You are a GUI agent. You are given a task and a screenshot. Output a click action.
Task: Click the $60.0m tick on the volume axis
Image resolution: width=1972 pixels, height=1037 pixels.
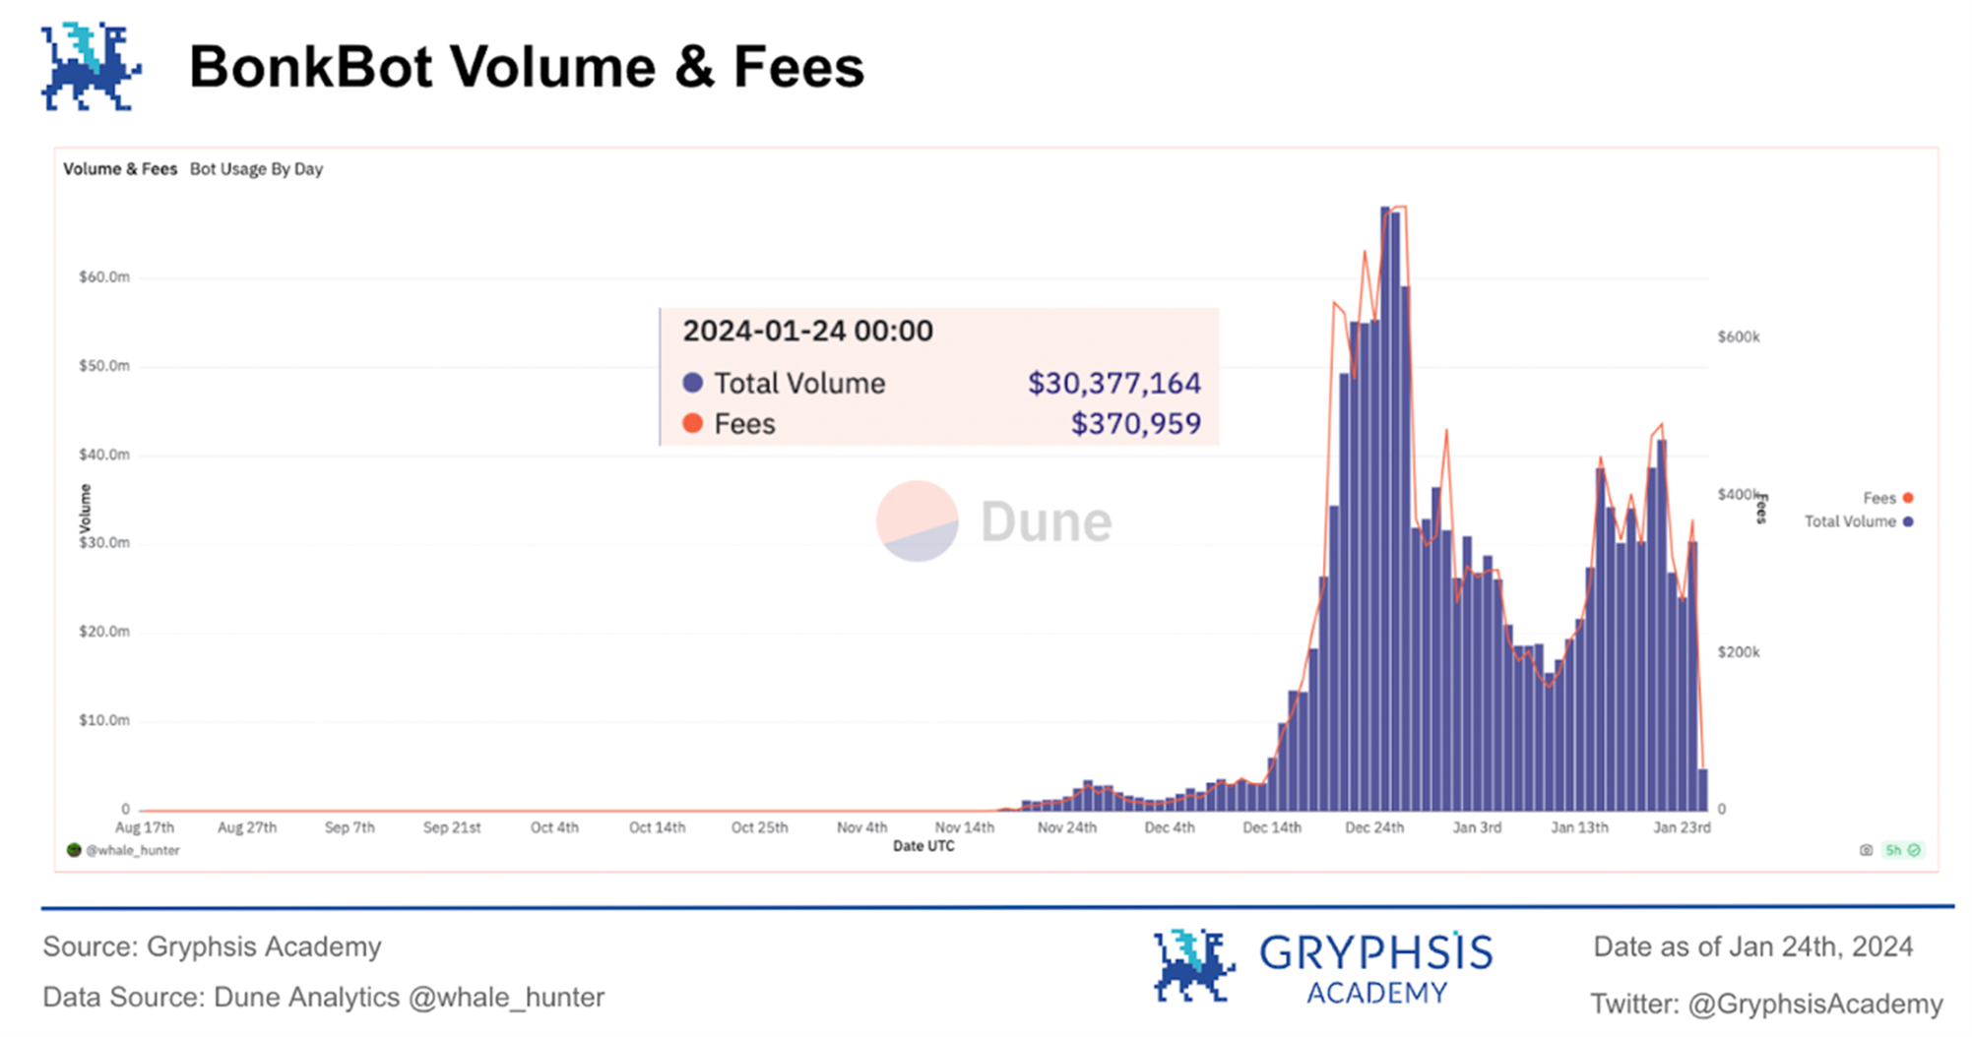(x=104, y=277)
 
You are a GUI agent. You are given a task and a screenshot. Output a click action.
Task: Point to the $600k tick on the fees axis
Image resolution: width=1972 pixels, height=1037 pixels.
(x=1738, y=337)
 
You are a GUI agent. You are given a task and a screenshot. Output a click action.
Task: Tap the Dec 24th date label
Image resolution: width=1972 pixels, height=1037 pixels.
(x=1374, y=828)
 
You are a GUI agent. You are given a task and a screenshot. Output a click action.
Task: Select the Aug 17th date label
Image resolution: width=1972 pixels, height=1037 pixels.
(x=145, y=828)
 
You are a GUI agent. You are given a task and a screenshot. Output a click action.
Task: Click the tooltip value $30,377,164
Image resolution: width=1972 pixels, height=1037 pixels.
(x=1113, y=383)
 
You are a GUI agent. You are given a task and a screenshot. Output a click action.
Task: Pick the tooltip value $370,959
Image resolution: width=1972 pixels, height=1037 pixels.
(x=1135, y=424)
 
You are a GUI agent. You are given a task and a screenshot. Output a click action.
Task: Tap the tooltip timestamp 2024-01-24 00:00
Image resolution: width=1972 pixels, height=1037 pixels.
(x=807, y=331)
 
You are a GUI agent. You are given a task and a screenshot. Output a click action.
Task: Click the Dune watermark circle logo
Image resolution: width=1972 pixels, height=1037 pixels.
(x=917, y=520)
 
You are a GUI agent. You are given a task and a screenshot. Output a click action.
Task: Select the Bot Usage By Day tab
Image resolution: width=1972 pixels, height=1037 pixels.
(x=256, y=169)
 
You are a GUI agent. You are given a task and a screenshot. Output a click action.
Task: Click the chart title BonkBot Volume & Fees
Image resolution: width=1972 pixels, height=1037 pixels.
(x=526, y=67)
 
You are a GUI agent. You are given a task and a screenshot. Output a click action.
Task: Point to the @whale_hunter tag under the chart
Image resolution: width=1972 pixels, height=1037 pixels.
(x=131, y=851)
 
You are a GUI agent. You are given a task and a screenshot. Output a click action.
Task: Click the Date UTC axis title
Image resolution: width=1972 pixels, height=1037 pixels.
(x=923, y=846)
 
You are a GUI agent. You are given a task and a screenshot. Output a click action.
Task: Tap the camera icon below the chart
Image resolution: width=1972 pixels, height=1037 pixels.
(x=1866, y=850)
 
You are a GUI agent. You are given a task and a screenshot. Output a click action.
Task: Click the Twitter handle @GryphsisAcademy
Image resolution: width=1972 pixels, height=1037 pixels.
(x=1814, y=1004)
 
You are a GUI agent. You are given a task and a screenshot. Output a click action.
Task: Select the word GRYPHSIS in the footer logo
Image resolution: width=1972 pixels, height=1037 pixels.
(x=1375, y=952)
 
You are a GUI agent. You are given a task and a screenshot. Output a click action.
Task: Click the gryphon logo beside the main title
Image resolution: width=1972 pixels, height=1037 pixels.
(x=91, y=68)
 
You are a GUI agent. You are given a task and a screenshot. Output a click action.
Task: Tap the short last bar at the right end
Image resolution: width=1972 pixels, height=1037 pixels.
(x=1703, y=789)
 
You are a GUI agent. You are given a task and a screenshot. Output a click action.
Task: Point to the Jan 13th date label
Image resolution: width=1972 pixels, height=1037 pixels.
(x=1579, y=828)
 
